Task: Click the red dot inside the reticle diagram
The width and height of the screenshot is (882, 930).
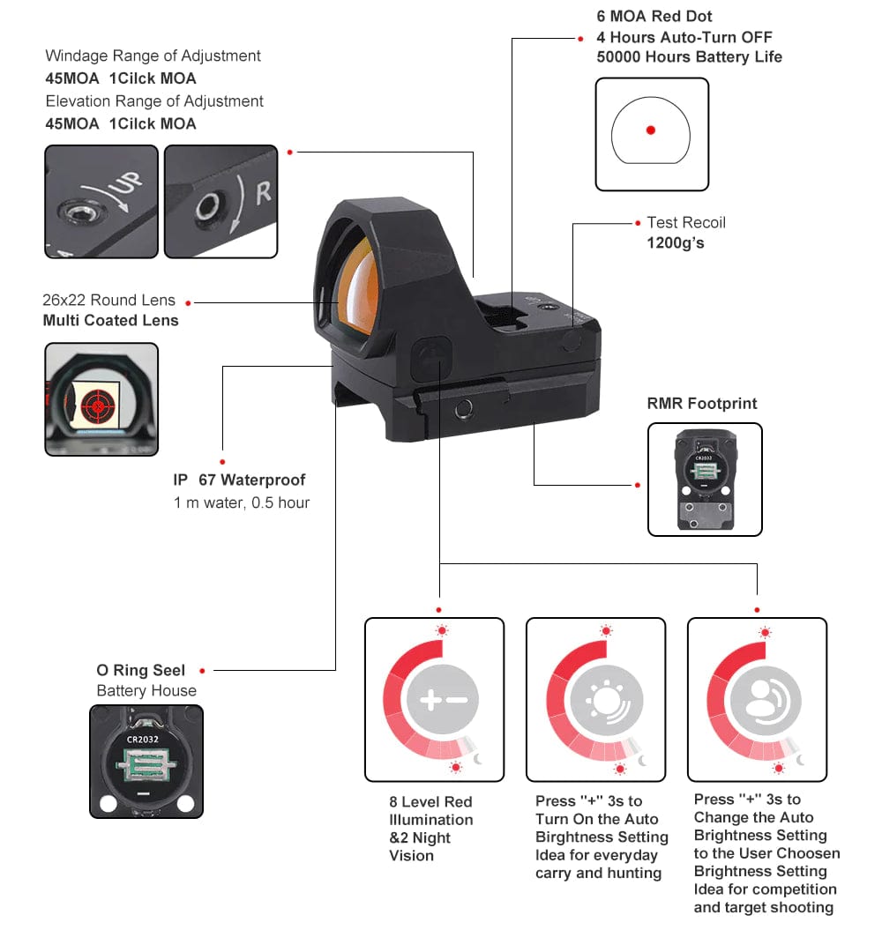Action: (651, 130)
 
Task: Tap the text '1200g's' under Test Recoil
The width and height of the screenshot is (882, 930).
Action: (676, 242)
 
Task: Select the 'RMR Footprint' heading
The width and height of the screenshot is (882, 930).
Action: (702, 404)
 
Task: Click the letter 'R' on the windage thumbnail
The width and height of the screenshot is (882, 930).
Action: (263, 193)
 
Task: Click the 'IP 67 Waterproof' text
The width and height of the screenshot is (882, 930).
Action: (239, 480)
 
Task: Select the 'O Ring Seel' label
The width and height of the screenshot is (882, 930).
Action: (141, 671)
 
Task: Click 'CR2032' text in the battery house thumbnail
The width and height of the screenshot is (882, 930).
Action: (142, 739)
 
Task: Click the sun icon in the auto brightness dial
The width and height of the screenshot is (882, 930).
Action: (604, 701)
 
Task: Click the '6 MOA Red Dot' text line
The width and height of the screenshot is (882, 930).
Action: (654, 16)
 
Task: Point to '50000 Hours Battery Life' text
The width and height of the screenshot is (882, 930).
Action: (689, 57)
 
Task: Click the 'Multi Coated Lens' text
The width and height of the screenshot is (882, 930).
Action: (111, 321)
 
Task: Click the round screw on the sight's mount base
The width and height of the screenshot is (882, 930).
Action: (460, 408)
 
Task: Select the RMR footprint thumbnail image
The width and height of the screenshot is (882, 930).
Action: (705, 479)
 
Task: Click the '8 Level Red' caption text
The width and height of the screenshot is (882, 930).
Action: (430, 802)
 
